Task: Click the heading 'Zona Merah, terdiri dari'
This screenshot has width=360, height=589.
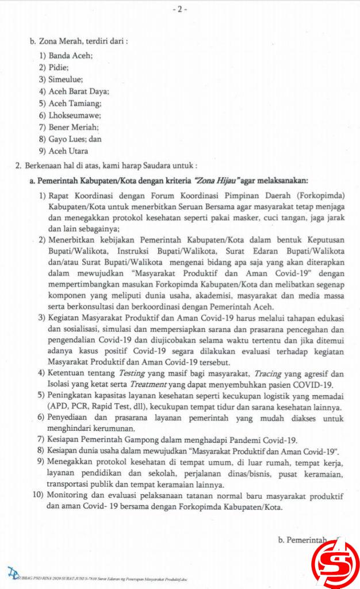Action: tap(78, 41)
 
